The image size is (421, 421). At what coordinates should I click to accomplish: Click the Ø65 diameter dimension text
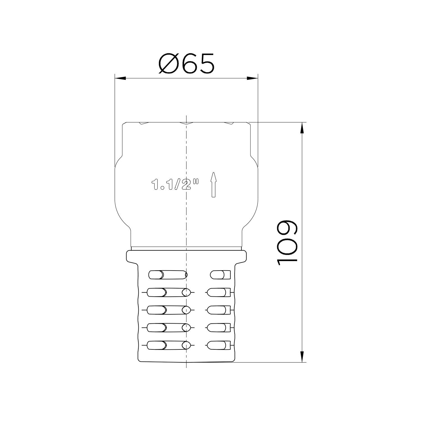pos(186,64)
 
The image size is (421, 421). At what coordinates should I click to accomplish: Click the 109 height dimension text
pos(287,242)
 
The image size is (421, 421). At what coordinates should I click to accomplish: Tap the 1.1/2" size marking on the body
pos(175,185)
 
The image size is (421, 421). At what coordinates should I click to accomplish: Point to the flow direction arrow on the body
pos(214,184)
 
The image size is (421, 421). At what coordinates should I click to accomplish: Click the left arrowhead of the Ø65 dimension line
pos(120,78)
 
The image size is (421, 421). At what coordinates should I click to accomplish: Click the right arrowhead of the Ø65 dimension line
pos(253,78)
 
